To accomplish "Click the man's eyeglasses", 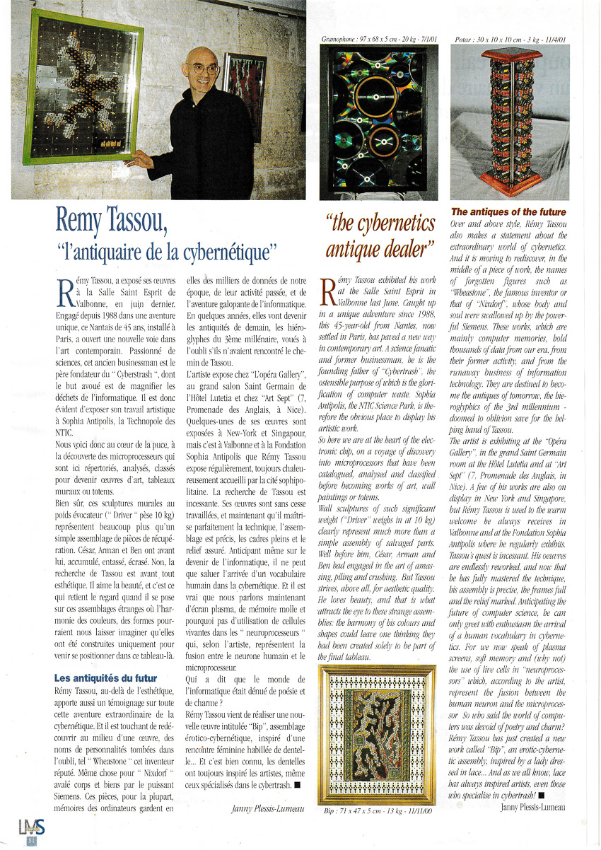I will click(x=202, y=69).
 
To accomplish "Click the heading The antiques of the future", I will click(x=508, y=211).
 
